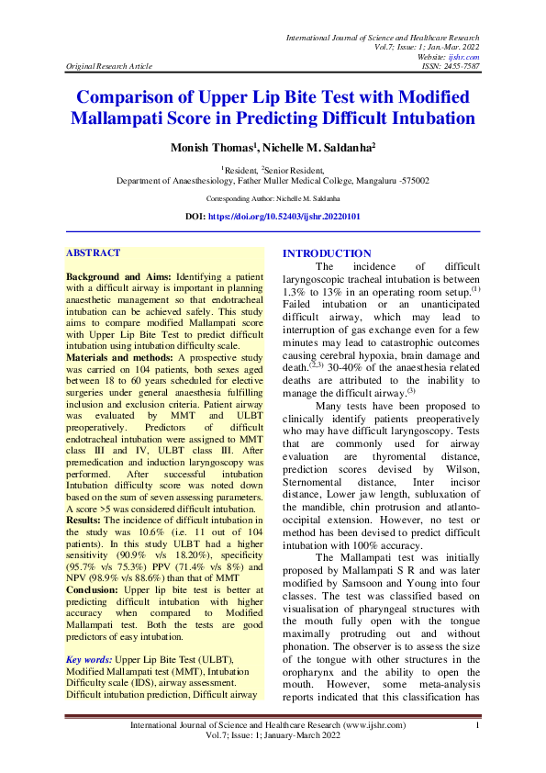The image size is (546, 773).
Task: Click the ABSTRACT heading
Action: pos(94,252)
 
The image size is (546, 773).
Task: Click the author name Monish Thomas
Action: pos(207,148)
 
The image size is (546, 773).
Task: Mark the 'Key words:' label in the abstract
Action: pos(88,659)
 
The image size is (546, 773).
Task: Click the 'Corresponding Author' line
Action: pos(273,197)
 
